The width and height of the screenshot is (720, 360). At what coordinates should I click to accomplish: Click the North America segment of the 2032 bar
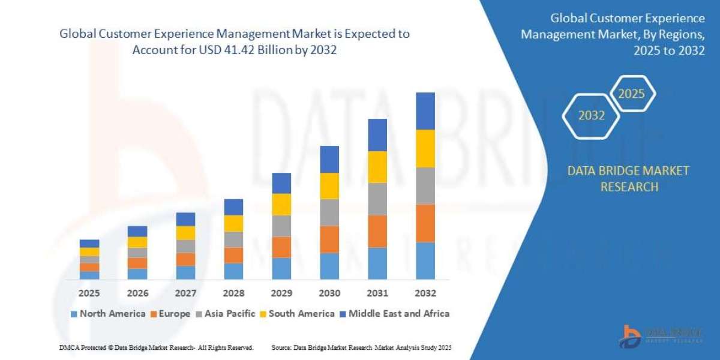tap(425, 261)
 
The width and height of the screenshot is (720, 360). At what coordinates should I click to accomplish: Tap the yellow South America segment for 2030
tap(329, 186)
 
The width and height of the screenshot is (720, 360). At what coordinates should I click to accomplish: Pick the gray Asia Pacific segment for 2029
tap(281, 226)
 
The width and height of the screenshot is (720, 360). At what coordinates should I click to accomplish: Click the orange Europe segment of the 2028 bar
tap(233, 255)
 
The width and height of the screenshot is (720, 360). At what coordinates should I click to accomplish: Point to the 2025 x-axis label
tap(89, 293)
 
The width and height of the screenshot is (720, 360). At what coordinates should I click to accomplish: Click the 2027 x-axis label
tap(185, 293)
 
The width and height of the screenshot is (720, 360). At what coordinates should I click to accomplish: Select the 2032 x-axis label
tap(425, 293)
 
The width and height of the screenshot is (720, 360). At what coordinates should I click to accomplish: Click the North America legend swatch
tap(74, 314)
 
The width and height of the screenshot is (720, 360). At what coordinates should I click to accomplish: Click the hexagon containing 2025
tap(631, 94)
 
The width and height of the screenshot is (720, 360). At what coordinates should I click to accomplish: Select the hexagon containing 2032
tap(592, 116)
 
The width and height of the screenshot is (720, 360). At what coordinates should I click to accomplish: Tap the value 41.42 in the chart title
tap(236, 50)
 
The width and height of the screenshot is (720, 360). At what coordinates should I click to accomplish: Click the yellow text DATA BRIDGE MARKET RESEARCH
tap(628, 179)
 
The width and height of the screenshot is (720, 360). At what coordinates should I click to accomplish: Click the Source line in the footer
tap(361, 347)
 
